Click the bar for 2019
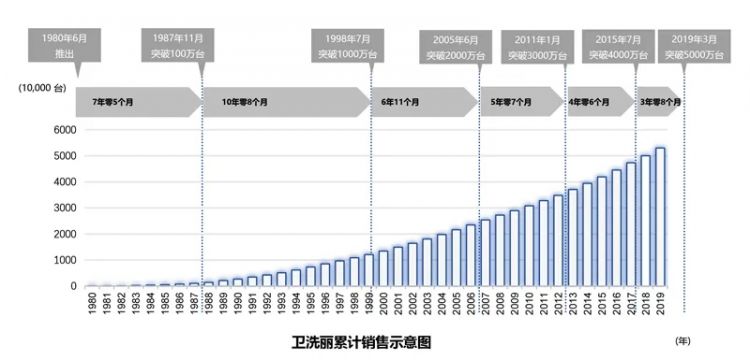coord(660,218)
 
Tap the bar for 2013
coord(573,238)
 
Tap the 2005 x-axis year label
coord(456,305)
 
